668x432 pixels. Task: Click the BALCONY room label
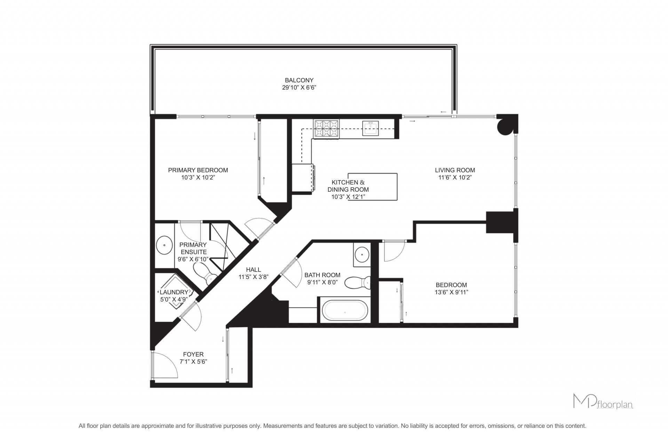coord(299,80)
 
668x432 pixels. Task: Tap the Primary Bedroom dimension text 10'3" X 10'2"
coord(198,177)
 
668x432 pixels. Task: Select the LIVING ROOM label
coord(455,170)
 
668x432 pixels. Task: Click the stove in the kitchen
coord(326,129)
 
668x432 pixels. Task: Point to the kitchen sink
coord(370,128)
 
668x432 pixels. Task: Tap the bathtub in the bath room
coord(345,311)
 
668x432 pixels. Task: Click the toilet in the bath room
coord(358,282)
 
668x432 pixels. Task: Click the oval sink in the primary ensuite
coord(164,246)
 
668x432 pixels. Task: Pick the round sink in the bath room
coord(362,255)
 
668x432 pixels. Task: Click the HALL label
coord(253,270)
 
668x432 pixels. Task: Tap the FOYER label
coord(193,354)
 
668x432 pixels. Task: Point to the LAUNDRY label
coord(174,292)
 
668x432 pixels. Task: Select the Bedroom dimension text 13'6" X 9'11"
coord(451,293)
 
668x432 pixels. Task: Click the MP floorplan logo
coord(603,401)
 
